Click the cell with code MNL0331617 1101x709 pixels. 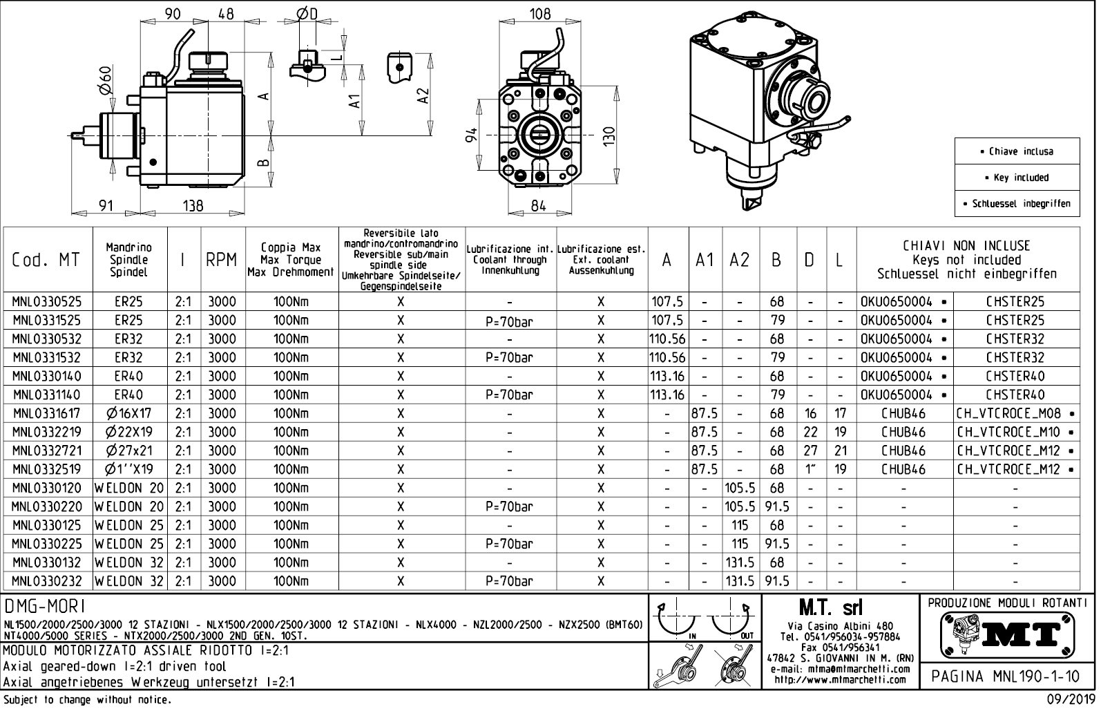point(46,413)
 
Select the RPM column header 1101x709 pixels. point(222,260)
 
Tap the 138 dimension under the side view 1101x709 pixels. point(193,205)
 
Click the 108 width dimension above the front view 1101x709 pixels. point(539,14)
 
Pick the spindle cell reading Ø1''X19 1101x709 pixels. point(130,469)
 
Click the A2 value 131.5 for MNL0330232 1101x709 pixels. point(740,581)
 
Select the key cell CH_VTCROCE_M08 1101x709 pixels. point(1008,413)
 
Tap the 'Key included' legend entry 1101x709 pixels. point(1017,178)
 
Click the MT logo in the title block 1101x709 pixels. point(1007,635)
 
